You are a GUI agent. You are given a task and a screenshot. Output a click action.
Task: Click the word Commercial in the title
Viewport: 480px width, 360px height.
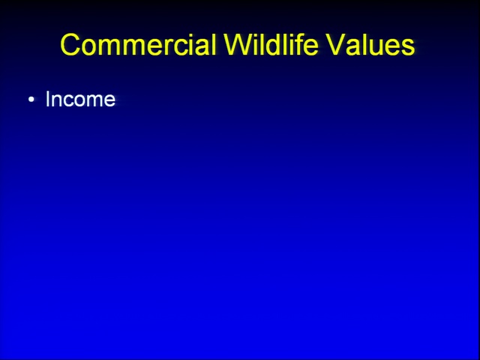pos(138,44)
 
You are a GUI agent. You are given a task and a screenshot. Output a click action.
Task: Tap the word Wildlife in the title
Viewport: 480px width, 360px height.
pos(271,44)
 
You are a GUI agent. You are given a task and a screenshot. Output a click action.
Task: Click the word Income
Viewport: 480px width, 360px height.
pos(80,99)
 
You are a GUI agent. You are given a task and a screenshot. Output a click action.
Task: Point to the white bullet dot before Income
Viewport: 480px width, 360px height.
pos(31,100)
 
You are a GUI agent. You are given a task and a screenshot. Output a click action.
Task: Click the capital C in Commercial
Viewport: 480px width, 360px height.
pos(71,45)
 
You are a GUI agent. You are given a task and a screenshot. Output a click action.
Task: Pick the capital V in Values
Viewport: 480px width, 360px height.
pos(335,44)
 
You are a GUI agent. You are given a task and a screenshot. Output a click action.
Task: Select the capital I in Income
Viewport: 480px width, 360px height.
pos(47,99)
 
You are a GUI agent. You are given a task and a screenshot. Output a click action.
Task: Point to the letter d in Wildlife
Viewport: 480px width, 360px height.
pos(274,44)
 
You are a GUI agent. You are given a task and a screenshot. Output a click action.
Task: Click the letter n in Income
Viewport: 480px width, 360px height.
pos(58,101)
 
